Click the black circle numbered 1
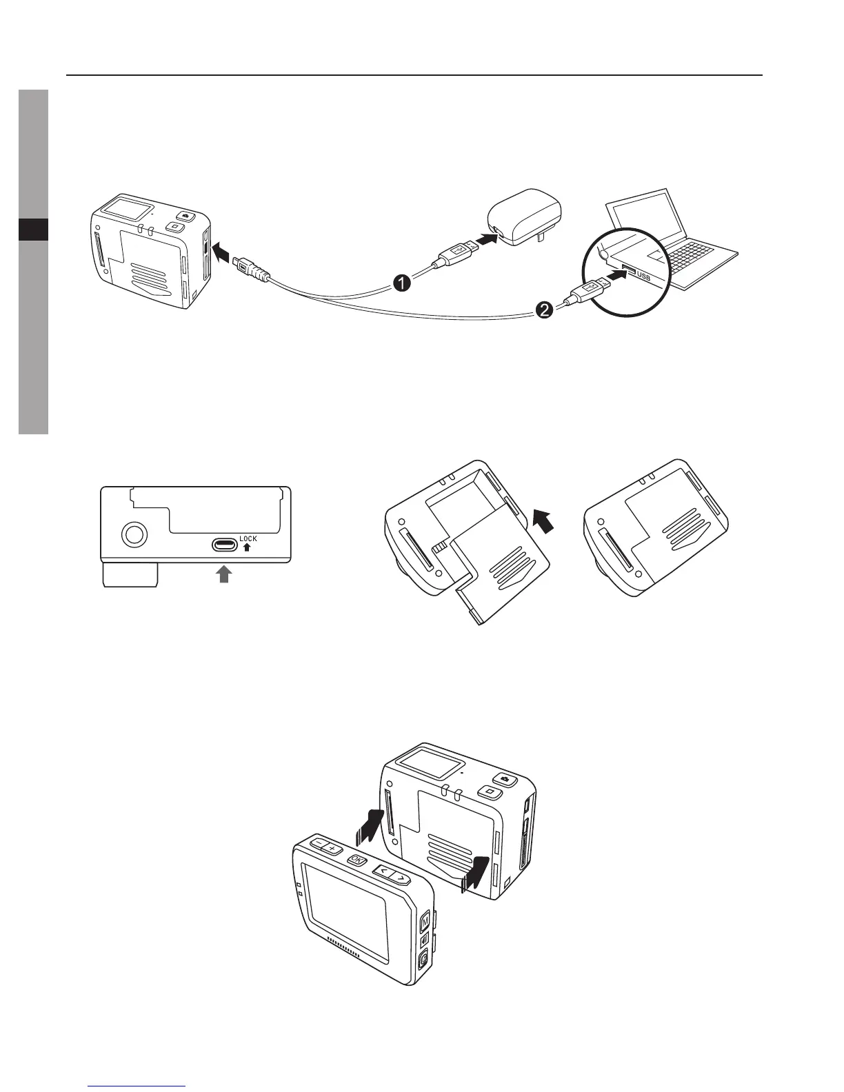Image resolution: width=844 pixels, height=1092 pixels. (x=403, y=283)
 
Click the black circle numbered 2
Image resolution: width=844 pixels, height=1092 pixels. (x=544, y=312)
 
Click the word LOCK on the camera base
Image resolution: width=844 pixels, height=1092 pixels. (x=248, y=538)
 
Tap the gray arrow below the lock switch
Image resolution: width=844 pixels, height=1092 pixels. (x=223, y=574)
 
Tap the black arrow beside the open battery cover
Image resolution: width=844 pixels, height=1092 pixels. (x=543, y=522)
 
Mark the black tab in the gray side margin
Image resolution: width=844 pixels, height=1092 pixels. (x=33, y=230)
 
